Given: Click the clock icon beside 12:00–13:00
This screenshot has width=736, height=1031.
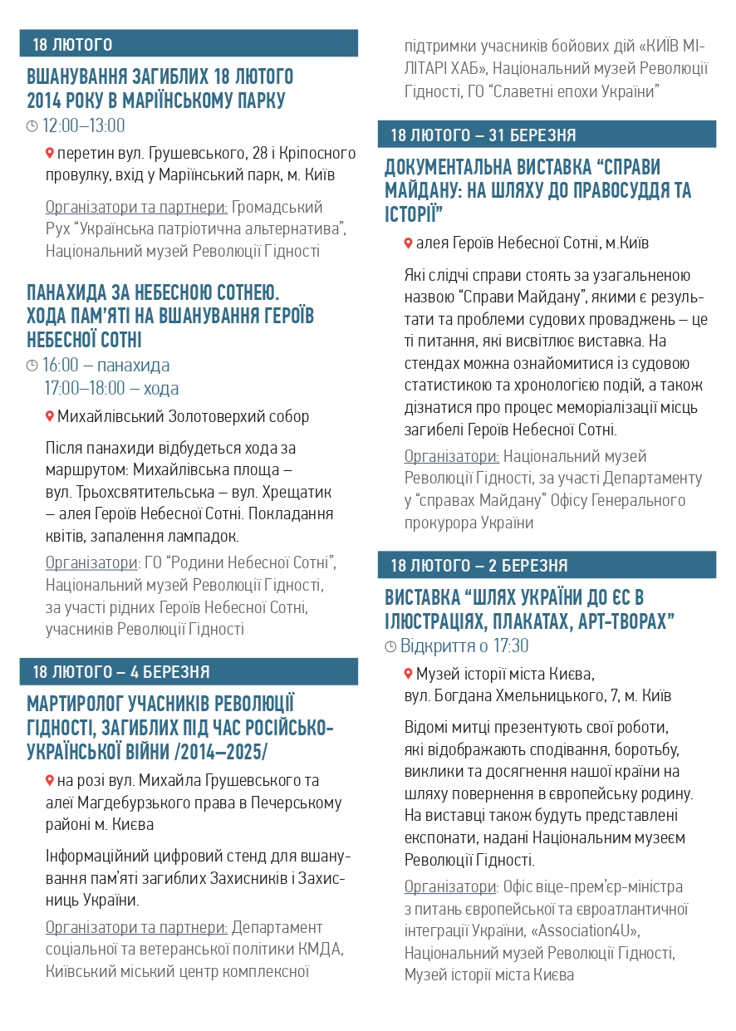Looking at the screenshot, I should (32, 126).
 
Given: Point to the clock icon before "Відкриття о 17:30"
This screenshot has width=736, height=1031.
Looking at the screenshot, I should (390, 646).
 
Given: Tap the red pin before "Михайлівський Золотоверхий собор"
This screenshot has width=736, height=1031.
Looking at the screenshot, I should (50, 415).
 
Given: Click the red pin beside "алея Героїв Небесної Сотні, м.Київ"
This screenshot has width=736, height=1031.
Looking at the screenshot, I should (408, 243).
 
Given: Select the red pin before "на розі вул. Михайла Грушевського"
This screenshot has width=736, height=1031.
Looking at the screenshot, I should (50, 780).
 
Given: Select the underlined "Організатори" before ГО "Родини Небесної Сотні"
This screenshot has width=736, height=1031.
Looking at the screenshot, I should (91, 563).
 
